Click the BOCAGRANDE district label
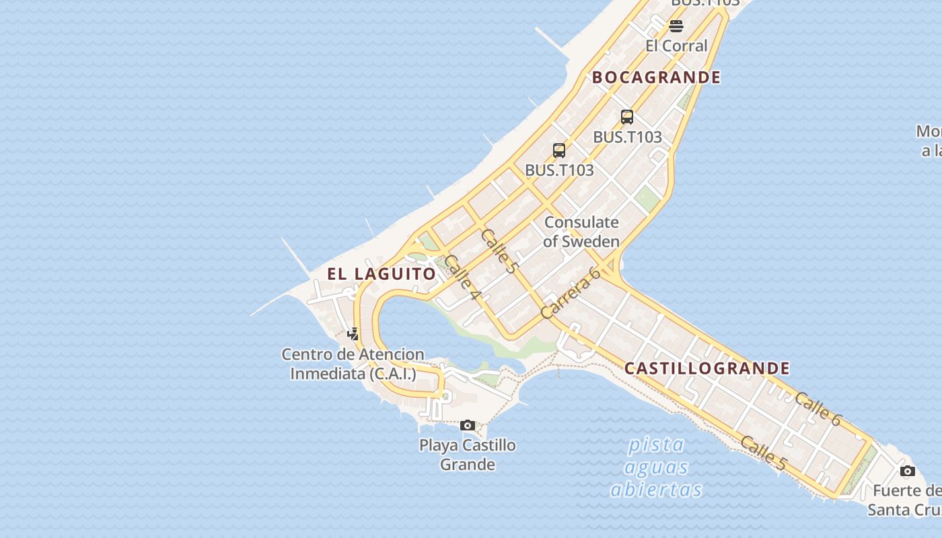tap(656, 77)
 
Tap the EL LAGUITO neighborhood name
tap(382, 274)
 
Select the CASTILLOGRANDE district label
tap(706, 369)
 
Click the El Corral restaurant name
tap(676, 46)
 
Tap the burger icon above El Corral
tap(676, 26)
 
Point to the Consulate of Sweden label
tap(581, 231)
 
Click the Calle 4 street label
tap(462, 278)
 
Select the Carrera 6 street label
tap(570, 293)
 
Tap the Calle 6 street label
tap(818, 409)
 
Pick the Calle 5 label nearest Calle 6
tap(763, 453)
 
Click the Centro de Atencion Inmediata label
tap(353, 364)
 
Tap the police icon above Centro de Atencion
tap(353, 333)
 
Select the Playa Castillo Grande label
tap(468, 455)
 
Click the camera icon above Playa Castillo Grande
tap(468, 425)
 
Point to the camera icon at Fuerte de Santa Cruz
tap(908, 471)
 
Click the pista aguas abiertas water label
tap(656, 467)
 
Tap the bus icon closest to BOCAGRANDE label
tap(627, 117)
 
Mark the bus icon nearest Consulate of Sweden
tap(559, 151)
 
